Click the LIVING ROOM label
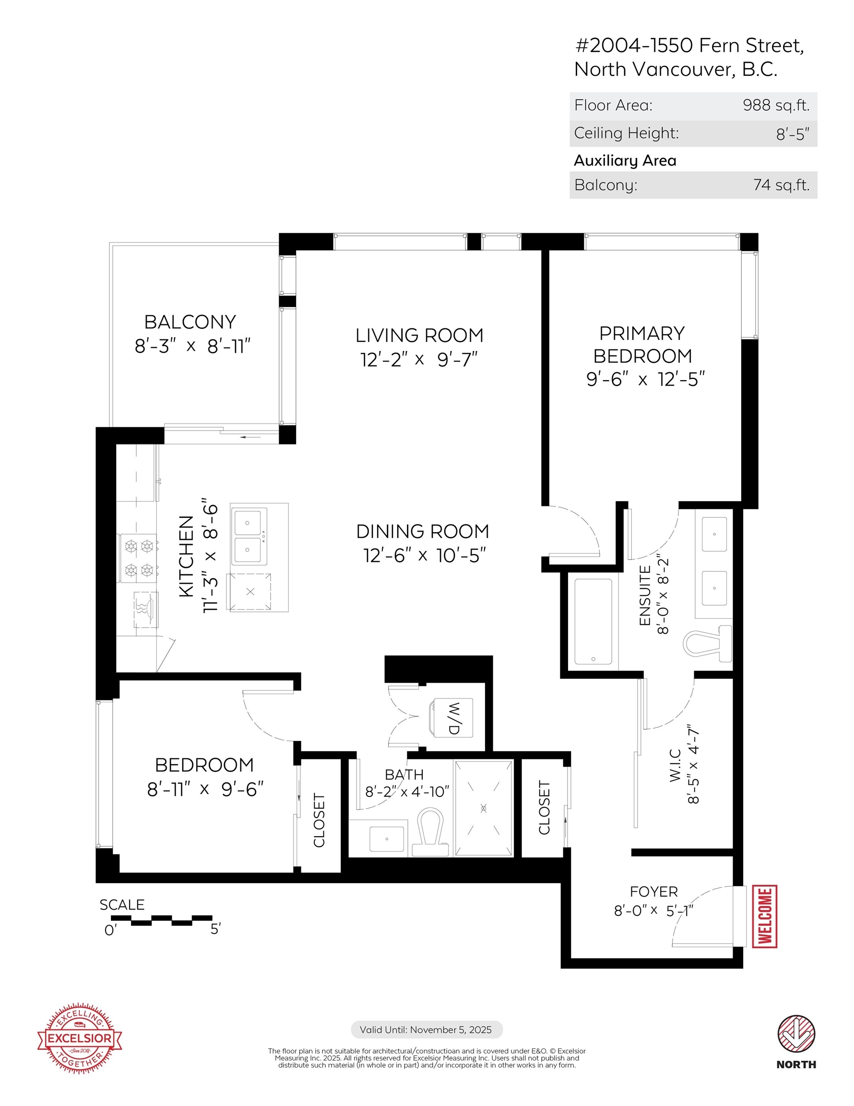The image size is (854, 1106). tap(419, 335)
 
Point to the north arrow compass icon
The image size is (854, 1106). tap(796, 1033)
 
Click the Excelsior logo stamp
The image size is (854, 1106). tap(80, 1038)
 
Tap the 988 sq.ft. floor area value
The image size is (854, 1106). tap(776, 105)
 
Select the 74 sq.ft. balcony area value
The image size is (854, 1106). tap(781, 185)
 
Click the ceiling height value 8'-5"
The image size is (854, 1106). tap(793, 134)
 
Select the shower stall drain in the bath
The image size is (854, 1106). tap(484, 808)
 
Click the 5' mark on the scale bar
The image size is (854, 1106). tap(215, 929)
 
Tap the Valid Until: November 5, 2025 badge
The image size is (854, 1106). tap(427, 1030)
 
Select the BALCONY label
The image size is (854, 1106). tap(190, 322)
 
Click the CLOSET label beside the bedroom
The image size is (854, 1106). tap(319, 820)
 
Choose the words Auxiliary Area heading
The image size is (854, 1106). tap(625, 160)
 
